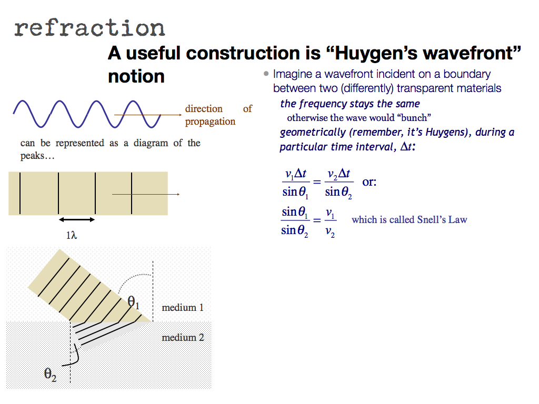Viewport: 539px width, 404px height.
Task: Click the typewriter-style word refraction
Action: pyautogui.click(x=89, y=28)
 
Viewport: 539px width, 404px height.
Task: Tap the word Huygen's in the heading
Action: pyautogui.click(x=375, y=53)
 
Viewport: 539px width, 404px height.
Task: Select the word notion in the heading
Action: pyautogui.click(x=136, y=76)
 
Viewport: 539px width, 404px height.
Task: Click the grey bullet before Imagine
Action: pyautogui.click(x=266, y=74)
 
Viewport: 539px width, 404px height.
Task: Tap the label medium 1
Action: pyautogui.click(x=183, y=307)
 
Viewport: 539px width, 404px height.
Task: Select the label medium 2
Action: pyautogui.click(x=183, y=337)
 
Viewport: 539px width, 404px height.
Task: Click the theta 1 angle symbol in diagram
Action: pyautogui.click(x=133, y=302)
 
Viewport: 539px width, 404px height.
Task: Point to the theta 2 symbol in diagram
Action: pyautogui.click(x=50, y=374)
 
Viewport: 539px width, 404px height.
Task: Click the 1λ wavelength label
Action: pyautogui.click(x=72, y=235)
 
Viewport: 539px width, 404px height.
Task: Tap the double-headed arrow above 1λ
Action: pyautogui.click(x=77, y=219)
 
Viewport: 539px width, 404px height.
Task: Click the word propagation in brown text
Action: pyautogui.click(x=210, y=122)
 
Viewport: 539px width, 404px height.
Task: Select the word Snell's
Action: pyautogui.click(x=431, y=219)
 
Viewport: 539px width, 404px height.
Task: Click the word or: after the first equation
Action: pyautogui.click(x=369, y=181)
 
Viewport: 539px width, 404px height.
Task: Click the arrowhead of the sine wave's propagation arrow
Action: pyautogui.click(x=179, y=115)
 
